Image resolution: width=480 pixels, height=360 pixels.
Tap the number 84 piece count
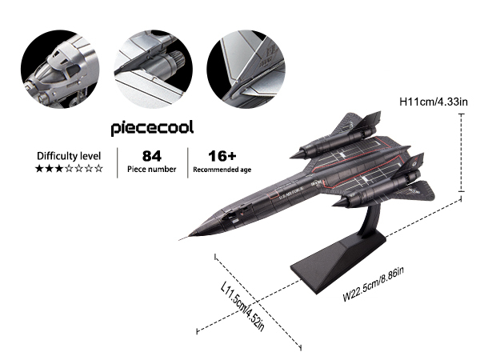point(151,155)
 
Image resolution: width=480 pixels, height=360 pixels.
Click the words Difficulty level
point(68,155)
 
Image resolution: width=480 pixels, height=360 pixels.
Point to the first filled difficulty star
point(38,170)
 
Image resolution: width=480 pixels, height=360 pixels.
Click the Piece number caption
point(151,170)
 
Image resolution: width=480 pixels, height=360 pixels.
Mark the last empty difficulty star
point(99,170)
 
